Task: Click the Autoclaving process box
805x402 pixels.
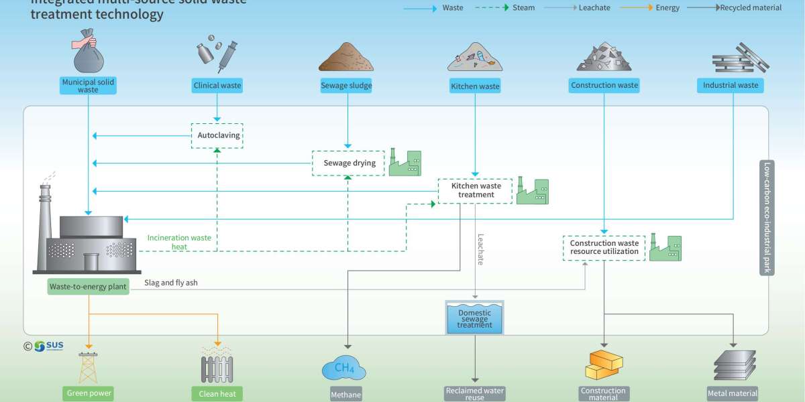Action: pyautogui.click(x=217, y=135)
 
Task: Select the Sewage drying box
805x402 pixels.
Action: pyautogui.click(x=346, y=163)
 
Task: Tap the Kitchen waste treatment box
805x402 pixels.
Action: pyautogui.click(x=476, y=190)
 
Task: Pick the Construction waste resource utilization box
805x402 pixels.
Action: pyautogui.click(x=604, y=248)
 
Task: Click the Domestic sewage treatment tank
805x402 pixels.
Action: pyautogui.click(x=474, y=318)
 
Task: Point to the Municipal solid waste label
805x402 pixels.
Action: pyautogui.click(x=88, y=86)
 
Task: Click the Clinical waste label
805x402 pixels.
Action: pyautogui.click(x=217, y=86)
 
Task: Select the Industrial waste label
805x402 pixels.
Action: pyautogui.click(x=731, y=85)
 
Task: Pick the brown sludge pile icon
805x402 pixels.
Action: pyautogui.click(x=346, y=58)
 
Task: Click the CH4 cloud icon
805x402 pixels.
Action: pyautogui.click(x=344, y=368)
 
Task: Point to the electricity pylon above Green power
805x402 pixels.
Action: pyautogui.click(x=89, y=368)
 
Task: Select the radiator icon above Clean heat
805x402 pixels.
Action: pyautogui.click(x=217, y=368)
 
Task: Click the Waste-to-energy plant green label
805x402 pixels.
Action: pyautogui.click(x=88, y=287)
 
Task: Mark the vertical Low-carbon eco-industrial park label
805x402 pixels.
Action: pyautogui.click(x=766, y=218)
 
